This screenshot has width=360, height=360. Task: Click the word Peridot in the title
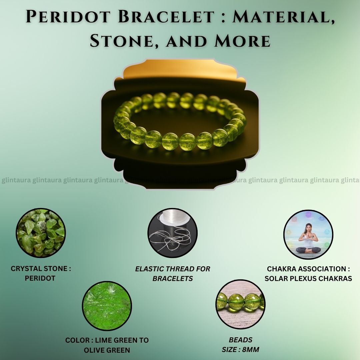pyautogui.click(x=68, y=17)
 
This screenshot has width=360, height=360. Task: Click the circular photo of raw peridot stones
pyautogui.click(x=41, y=233)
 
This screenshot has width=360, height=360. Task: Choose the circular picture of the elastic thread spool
pyautogui.click(x=172, y=233)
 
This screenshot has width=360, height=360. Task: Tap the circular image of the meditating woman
pyautogui.click(x=308, y=234)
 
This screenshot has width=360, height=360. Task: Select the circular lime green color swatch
pyautogui.click(x=107, y=306)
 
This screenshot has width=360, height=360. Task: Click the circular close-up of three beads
pyautogui.click(x=240, y=304)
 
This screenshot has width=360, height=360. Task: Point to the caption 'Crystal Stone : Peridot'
pyautogui.click(x=41, y=273)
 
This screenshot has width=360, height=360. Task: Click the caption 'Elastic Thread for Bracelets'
pyautogui.click(x=172, y=273)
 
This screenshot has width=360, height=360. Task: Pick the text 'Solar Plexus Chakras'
pyautogui.click(x=308, y=278)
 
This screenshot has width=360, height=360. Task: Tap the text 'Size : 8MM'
pyautogui.click(x=240, y=349)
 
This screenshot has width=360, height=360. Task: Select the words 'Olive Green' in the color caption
pyautogui.click(x=107, y=350)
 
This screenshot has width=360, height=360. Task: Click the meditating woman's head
pyautogui.click(x=308, y=228)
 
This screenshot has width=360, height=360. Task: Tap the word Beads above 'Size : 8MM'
pyautogui.click(x=240, y=340)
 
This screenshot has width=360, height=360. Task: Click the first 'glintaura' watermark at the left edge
pyautogui.click(x=16, y=180)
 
